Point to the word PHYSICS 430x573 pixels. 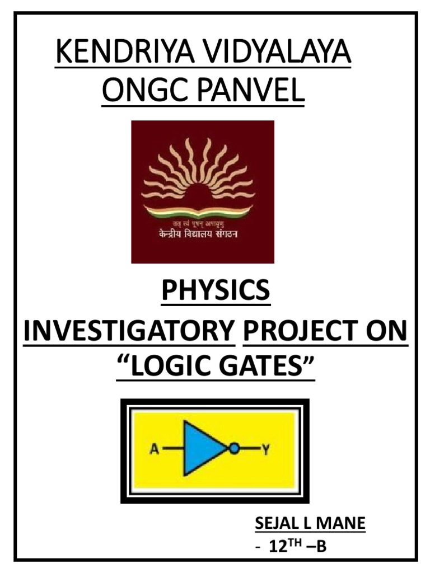(x=216, y=291)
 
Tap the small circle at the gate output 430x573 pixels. (x=234, y=448)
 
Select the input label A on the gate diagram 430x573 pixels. (x=155, y=449)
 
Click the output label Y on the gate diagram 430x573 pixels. (x=266, y=449)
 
